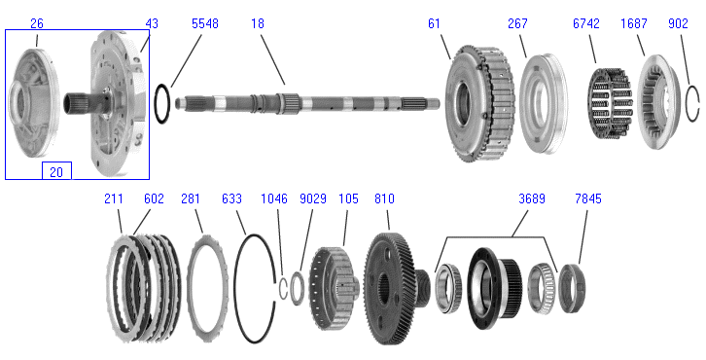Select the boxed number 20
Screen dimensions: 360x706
point(55,171)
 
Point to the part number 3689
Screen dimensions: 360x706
point(532,198)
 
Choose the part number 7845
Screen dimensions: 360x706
point(588,198)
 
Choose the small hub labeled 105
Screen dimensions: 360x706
point(334,288)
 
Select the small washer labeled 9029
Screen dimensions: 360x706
point(298,289)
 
